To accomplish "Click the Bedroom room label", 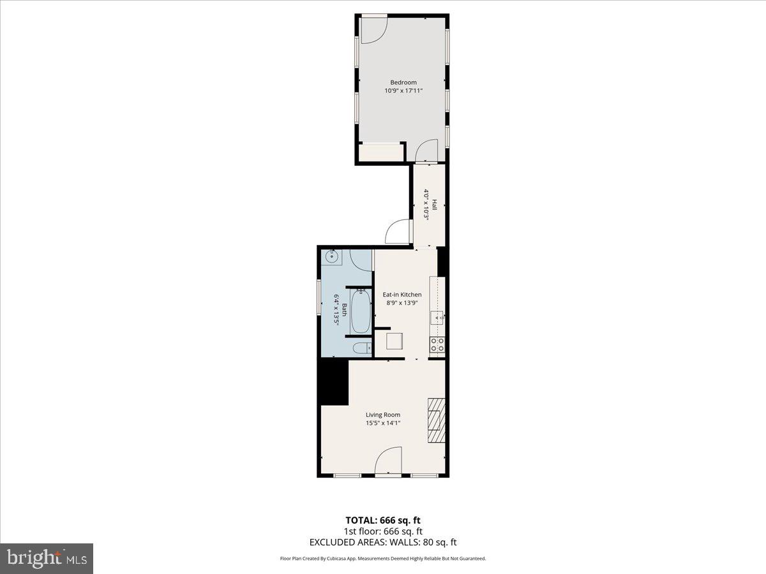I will click(x=403, y=82).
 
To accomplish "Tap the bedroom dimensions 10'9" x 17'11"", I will click(x=403, y=91).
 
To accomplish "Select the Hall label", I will click(x=434, y=205).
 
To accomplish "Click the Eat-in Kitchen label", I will click(x=402, y=295).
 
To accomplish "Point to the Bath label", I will click(x=345, y=310).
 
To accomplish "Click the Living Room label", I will click(x=383, y=415).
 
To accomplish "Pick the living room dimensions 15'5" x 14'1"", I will click(x=383, y=423).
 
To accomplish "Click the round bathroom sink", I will click(x=331, y=257).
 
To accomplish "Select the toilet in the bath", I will click(x=361, y=348).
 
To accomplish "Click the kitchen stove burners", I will click(x=438, y=345).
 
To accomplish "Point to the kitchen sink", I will click(x=437, y=316).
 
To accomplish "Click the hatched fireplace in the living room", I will click(x=436, y=420).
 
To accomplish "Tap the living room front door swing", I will click(x=388, y=460).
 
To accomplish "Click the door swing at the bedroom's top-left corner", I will click(x=373, y=29).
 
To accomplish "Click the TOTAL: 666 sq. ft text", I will click(x=383, y=520).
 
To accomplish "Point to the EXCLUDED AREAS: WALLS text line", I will click(x=383, y=543).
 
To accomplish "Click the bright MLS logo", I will click(x=47, y=559).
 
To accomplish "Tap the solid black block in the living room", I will click(x=334, y=381).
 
